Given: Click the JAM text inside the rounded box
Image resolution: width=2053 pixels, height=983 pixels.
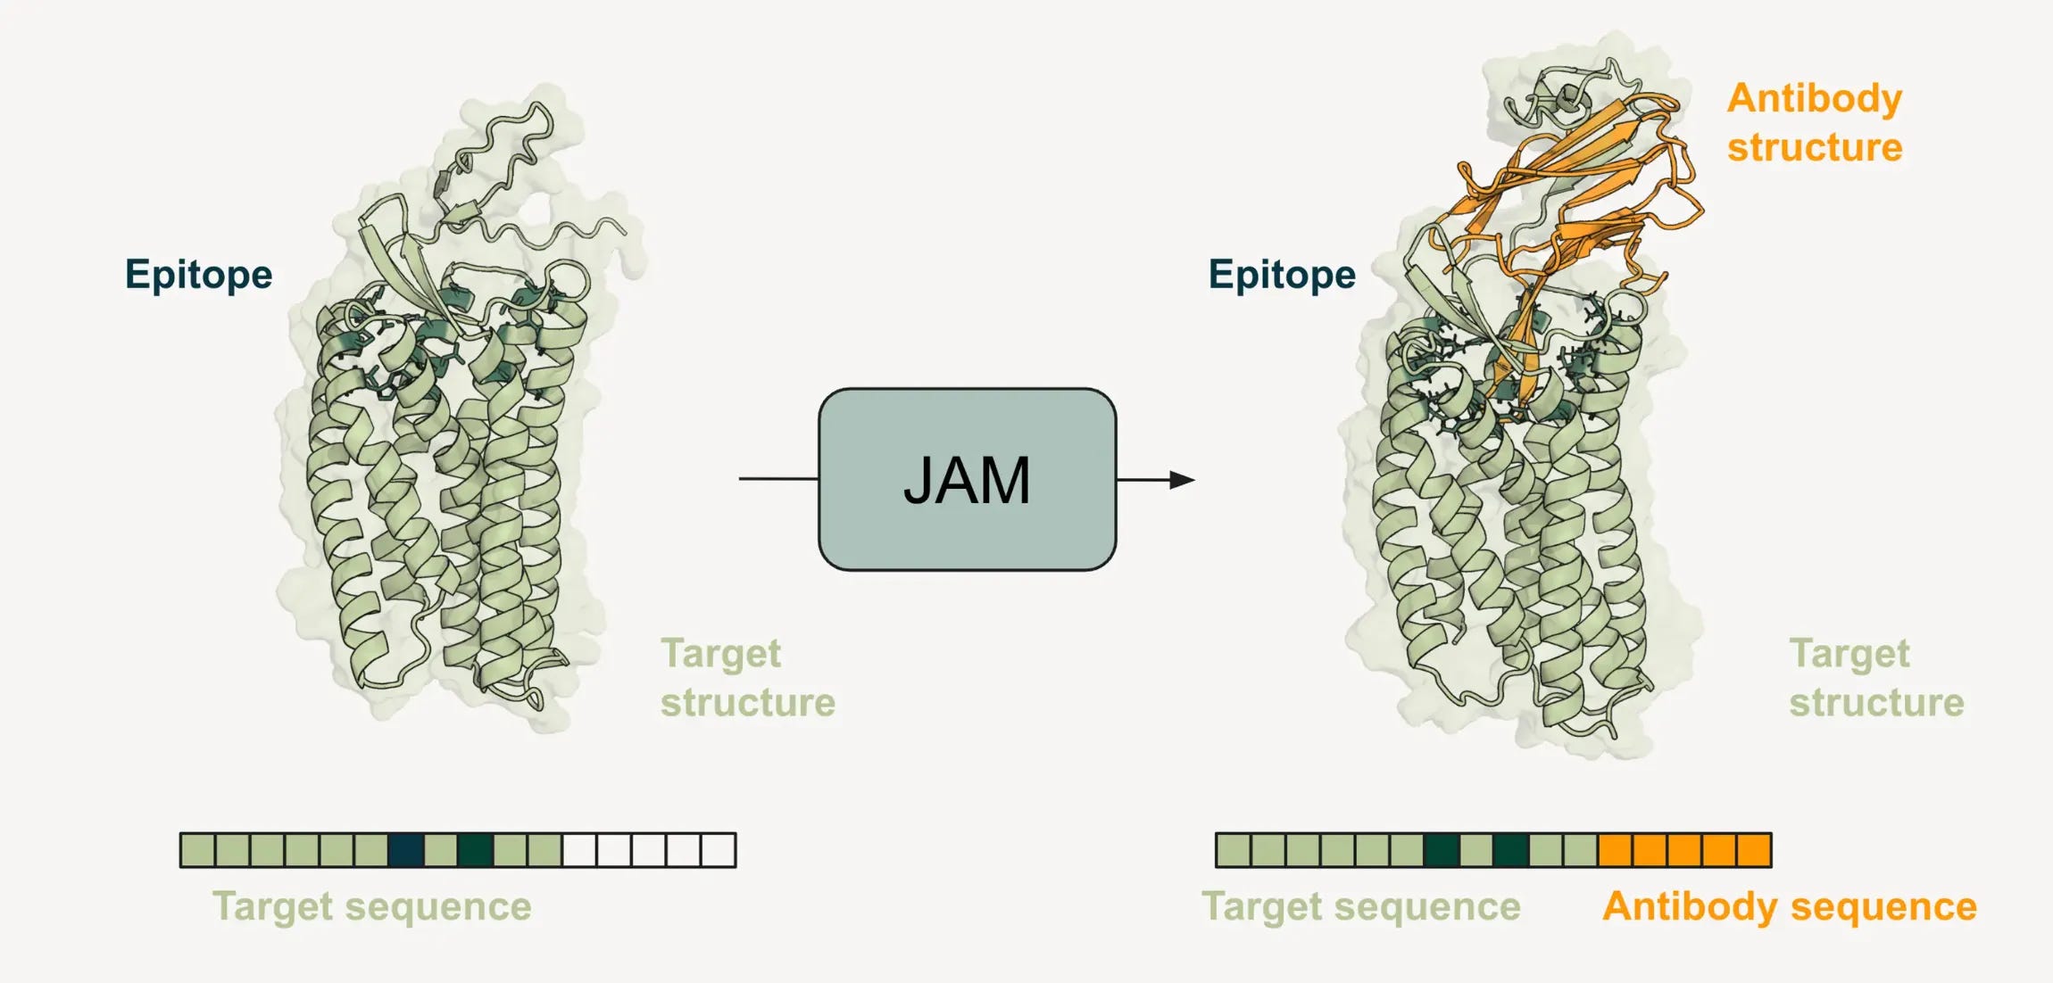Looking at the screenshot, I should [967, 481].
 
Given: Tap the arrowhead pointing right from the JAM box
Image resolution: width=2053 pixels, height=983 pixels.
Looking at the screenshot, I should [1182, 480].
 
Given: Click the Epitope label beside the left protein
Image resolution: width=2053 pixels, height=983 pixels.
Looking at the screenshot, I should [198, 274].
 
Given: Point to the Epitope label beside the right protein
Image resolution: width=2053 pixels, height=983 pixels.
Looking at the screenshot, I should [1282, 274].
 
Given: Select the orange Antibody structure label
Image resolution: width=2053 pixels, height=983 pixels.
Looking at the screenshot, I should [1814, 122].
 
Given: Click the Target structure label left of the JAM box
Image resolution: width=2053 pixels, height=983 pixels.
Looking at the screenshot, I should [747, 678].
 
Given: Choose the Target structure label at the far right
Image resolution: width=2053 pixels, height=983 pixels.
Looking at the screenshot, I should [1876, 678].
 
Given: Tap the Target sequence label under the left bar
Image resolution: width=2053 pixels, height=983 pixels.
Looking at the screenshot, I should [371, 906].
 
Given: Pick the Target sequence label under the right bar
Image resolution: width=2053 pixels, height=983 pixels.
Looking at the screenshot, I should [1361, 906].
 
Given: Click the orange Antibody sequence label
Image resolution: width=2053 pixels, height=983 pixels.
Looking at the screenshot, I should [1789, 906].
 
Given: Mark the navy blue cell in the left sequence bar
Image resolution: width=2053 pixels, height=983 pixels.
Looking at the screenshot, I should [406, 850].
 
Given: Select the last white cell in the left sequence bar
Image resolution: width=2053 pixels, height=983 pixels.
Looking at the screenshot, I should [719, 850].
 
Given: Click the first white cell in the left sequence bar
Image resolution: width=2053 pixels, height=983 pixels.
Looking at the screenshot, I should [579, 850].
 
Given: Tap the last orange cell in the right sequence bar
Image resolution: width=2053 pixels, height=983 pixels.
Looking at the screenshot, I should [1754, 850].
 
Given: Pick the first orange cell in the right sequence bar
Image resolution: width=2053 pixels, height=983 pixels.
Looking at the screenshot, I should [1616, 850].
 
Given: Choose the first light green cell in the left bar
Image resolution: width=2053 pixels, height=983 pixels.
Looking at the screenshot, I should [197, 850].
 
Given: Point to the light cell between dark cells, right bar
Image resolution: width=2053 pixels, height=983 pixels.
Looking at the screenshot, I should [1476, 850].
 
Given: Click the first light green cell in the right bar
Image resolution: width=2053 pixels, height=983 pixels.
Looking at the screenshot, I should [1233, 850].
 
